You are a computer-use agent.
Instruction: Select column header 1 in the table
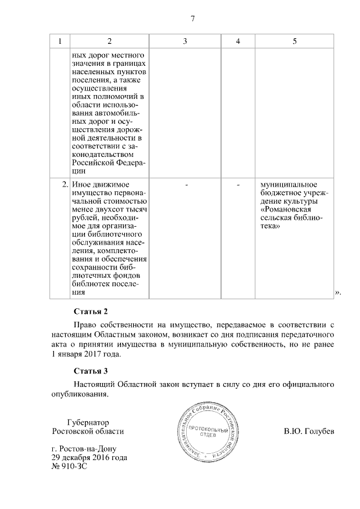pyautogui.click(x=60, y=42)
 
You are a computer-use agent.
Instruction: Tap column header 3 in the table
pyautogui.click(x=185, y=42)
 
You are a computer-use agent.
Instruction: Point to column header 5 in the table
pyautogui.click(x=294, y=42)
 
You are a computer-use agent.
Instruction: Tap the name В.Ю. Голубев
pyautogui.click(x=309, y=431)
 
